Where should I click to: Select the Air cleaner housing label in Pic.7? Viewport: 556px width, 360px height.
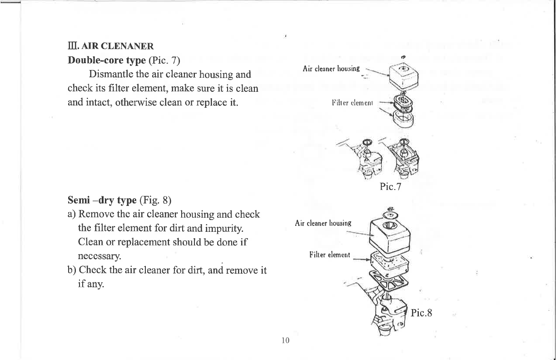coord(331,69)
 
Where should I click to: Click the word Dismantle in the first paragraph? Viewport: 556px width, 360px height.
coord(111,74)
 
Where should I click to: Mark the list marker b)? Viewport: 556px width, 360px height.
coord(71,271)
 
